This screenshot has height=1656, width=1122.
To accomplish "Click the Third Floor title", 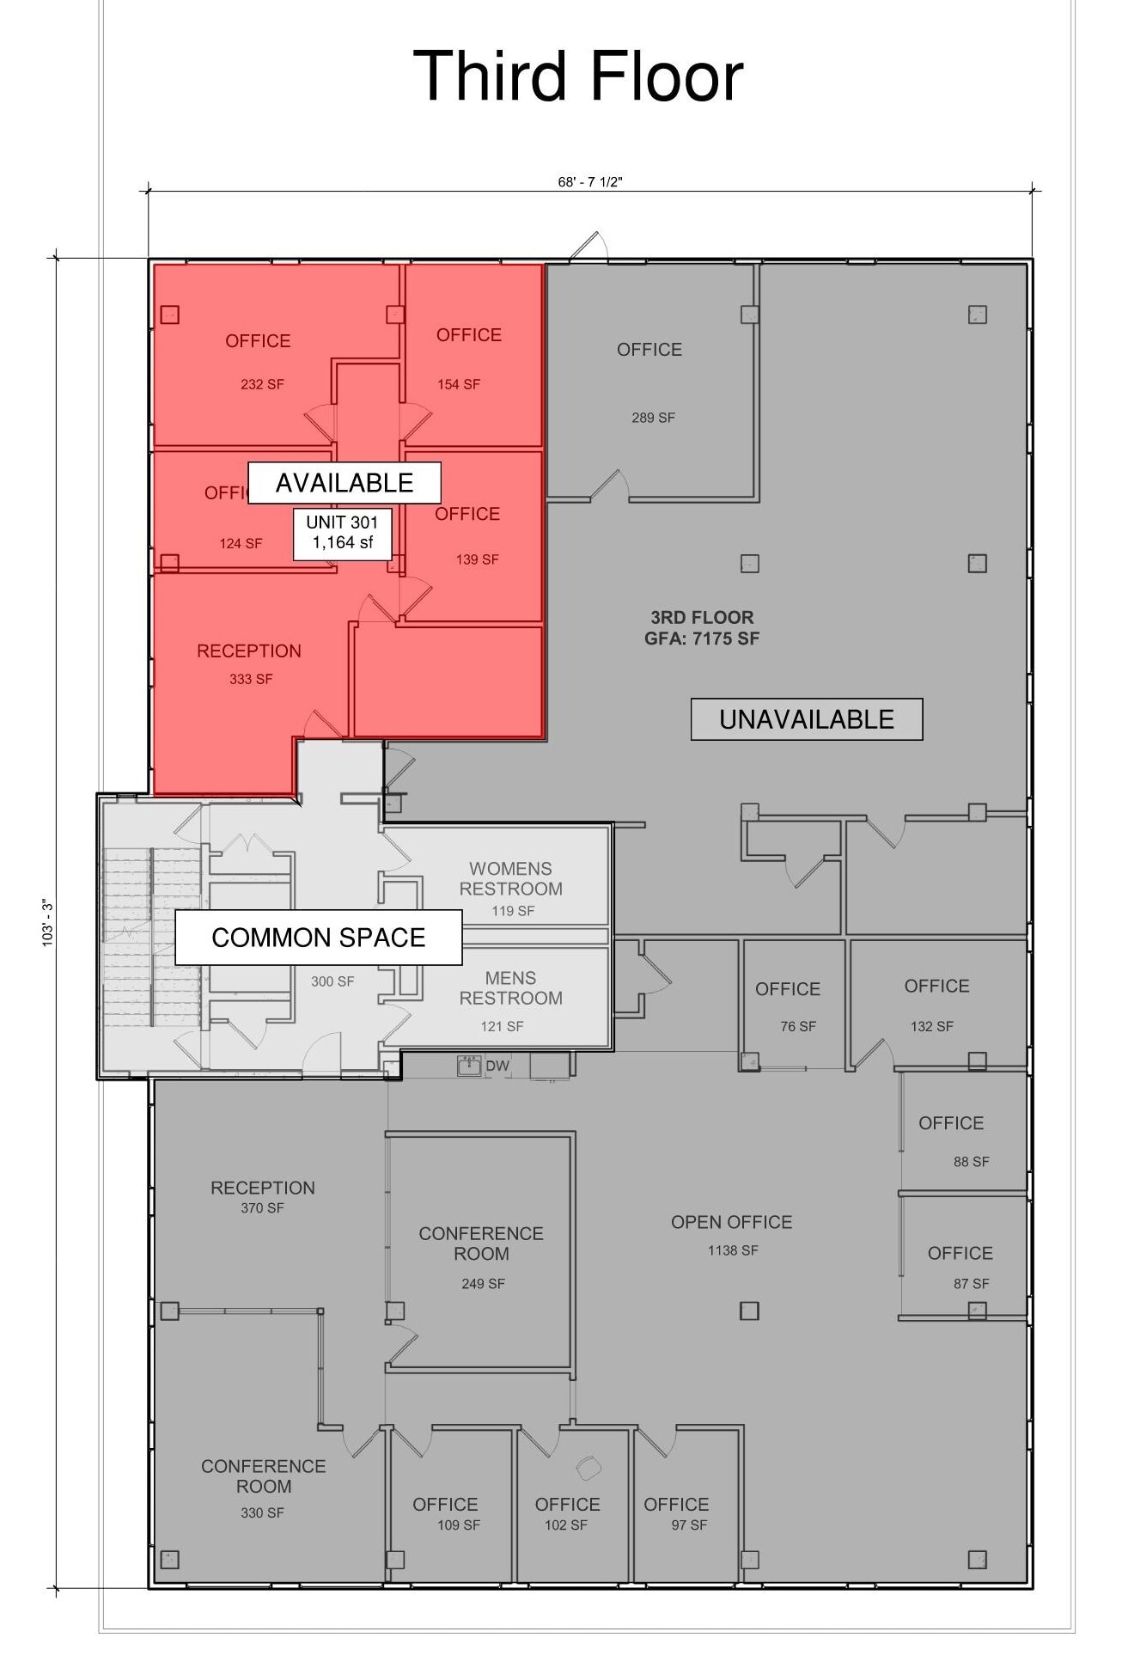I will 577,76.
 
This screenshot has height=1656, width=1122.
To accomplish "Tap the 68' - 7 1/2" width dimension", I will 589,182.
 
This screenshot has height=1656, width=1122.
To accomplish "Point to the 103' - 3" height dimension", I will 48,923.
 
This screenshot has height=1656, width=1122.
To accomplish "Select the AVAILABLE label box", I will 345,483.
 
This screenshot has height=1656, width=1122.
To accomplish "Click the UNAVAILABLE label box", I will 806,719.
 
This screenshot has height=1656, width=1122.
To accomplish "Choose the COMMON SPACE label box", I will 319,938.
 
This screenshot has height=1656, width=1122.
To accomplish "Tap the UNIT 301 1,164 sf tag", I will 342,533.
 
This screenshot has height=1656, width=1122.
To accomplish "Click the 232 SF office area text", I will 262,384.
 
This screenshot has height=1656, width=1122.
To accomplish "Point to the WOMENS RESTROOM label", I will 511,879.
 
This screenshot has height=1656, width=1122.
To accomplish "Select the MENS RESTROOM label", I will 511,988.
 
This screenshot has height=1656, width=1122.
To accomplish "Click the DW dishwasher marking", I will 497,1066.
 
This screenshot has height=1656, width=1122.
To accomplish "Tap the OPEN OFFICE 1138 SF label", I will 732,1234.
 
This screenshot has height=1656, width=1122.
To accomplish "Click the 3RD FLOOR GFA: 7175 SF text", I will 702,627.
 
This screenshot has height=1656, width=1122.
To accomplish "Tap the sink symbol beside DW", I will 469,1066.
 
